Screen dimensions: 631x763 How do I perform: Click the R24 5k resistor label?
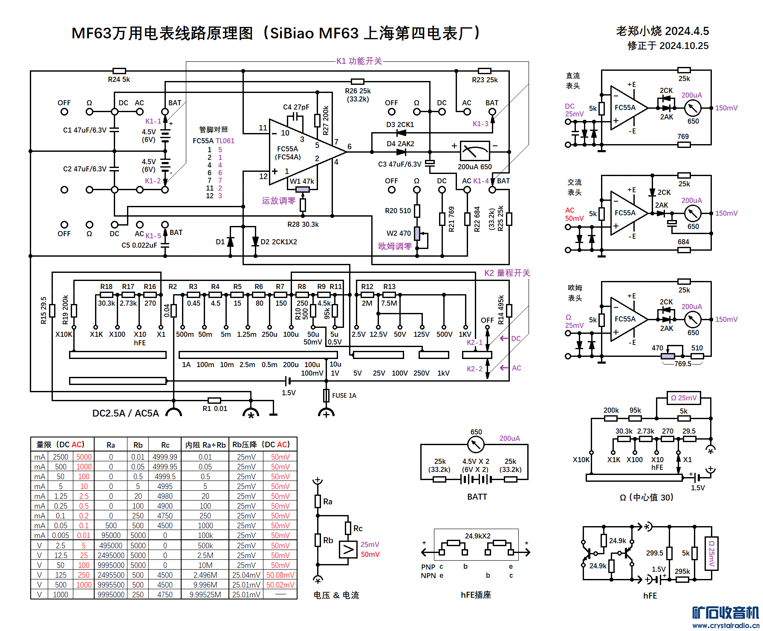118,79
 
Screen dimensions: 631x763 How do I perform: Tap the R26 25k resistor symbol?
357,81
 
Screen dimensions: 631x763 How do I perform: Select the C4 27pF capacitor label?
296,107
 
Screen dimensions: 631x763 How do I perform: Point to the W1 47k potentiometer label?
302,181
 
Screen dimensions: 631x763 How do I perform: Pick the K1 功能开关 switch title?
359,61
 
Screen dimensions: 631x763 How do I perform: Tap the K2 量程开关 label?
507,273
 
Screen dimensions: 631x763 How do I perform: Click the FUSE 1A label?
344,396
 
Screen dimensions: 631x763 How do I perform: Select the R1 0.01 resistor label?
215,408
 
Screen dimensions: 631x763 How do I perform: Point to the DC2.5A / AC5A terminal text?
125,413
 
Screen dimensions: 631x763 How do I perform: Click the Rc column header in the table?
165,445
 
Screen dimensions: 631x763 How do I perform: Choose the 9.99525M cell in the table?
205,594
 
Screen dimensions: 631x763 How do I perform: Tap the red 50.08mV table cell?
280,575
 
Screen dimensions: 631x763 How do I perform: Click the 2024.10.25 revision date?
668,46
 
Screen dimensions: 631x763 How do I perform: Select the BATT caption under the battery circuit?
477,497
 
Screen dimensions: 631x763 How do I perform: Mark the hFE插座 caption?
476,595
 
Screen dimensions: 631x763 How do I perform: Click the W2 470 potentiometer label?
399,233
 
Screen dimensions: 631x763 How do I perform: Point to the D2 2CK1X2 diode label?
279,242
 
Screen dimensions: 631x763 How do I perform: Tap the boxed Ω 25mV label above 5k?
683,398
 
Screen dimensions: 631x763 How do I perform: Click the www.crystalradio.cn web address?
725,625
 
